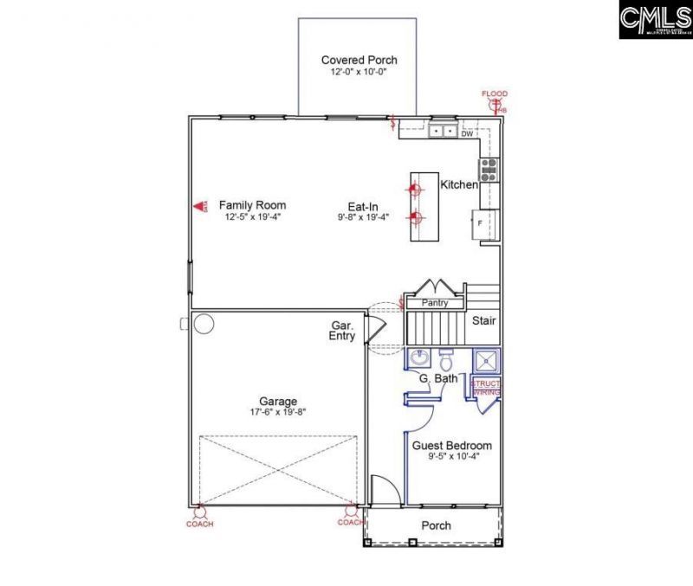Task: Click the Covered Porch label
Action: click(359, 60)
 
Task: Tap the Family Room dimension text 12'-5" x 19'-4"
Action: click(252, 217)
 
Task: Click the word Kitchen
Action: click(459, 185)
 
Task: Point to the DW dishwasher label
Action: click(467, 133)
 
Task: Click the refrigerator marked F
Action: click(483, 222)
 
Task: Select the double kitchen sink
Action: click(444, 132)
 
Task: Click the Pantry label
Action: click(434, 304)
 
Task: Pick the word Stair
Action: click(483, 321)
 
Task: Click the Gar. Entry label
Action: click(342, 331)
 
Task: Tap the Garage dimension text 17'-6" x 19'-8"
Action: click(278, 413)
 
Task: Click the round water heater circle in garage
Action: click(204, 325)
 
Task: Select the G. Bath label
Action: click(437, 379)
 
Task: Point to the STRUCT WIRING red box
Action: click(486, 387)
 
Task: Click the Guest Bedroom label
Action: click(451, 445)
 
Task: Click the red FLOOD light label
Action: click(495, 93)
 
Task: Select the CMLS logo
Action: click(655, 19)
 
